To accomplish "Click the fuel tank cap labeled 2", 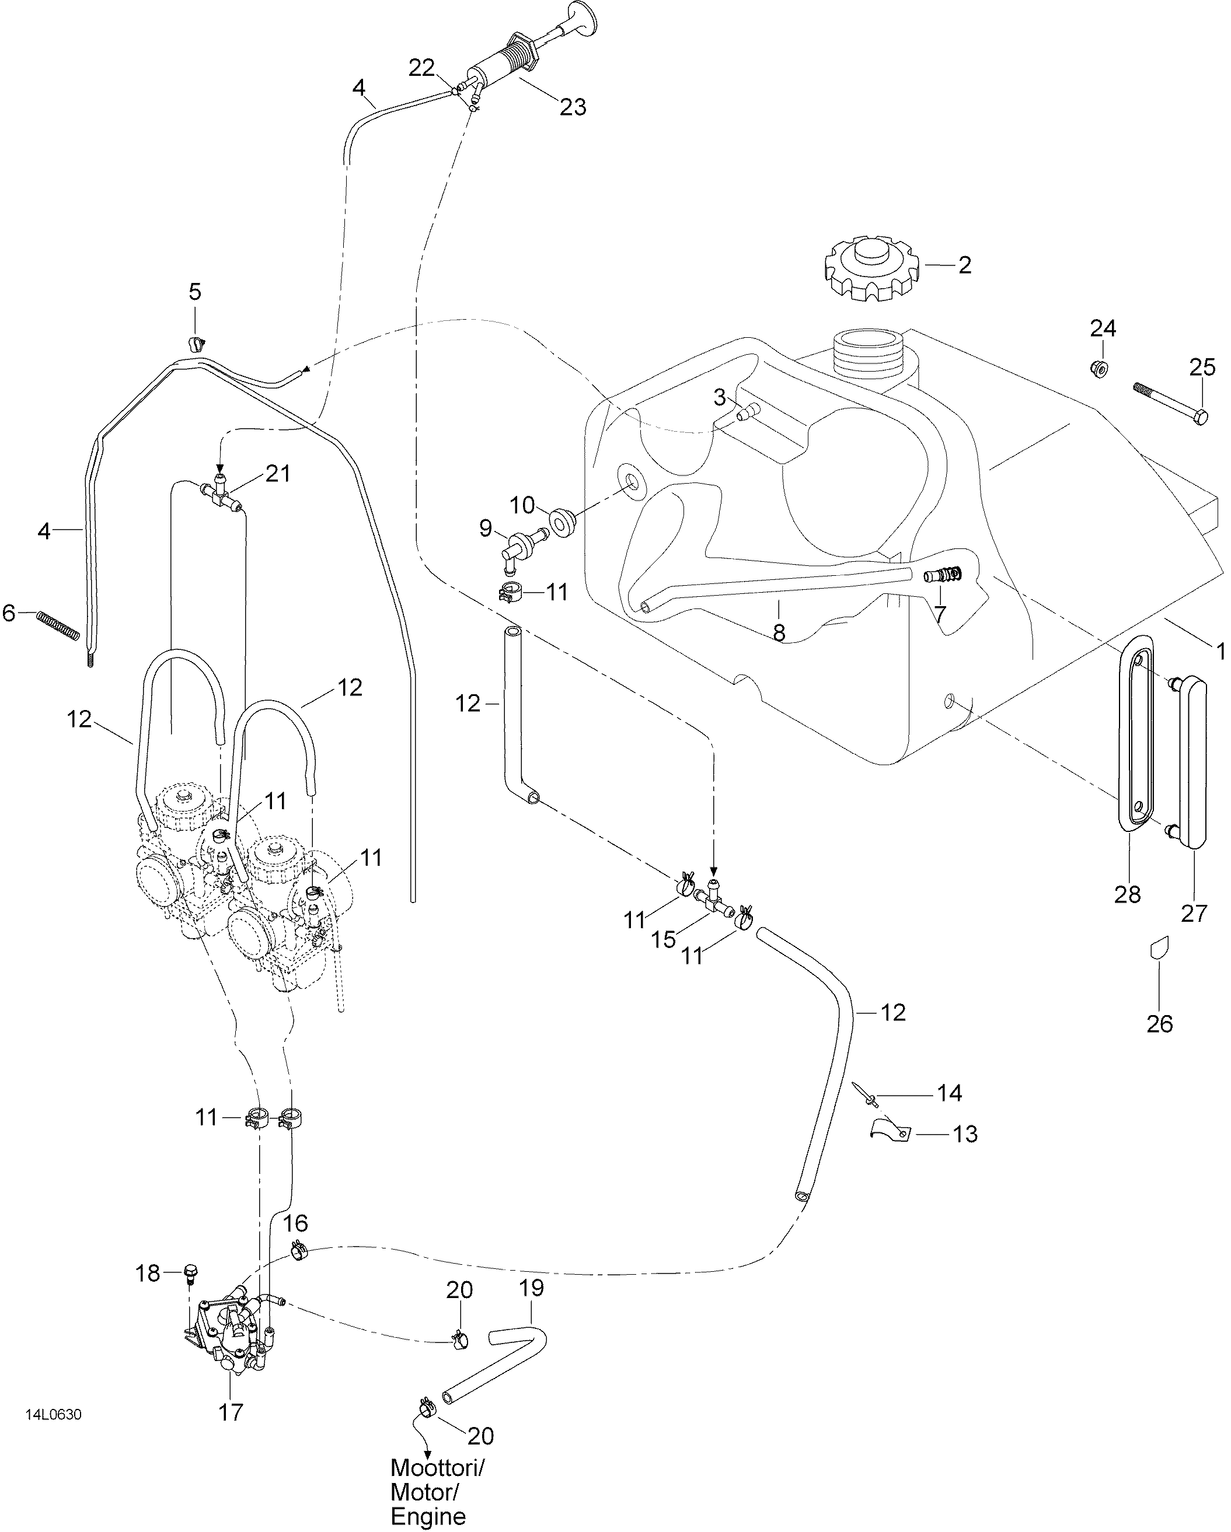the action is click(871, 268).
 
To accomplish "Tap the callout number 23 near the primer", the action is click(572, 107).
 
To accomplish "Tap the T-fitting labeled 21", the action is click(221, 490).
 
